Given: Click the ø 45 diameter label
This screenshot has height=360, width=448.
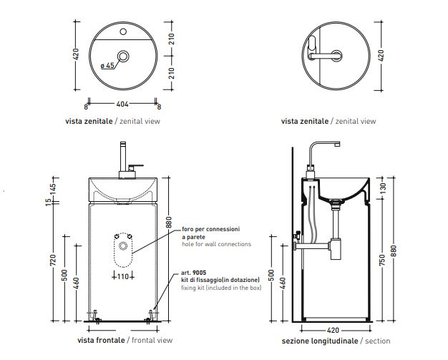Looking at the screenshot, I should (x=107, y=66).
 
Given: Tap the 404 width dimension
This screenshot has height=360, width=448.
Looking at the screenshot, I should (x=123, y=105).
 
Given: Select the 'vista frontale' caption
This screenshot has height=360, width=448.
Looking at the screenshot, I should (x=102, y=341).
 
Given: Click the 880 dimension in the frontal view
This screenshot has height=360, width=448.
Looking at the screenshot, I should (x=169, y=223).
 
